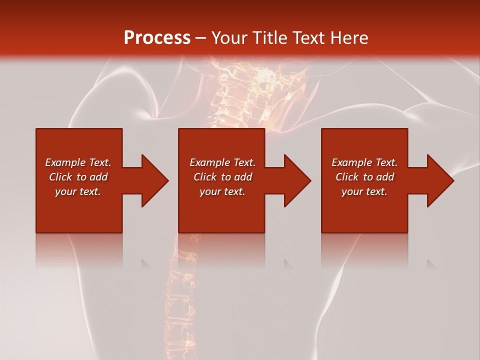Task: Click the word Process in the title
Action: pos(157,38)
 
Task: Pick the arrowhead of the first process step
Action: pos(154,181)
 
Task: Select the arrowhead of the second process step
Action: pos(297,181)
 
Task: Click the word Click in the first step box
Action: pos(61,177)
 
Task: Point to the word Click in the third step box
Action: pos(347,177)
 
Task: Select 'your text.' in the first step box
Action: pos(78,191)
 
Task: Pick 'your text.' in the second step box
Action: pos(222,191)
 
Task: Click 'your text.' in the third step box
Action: pos(364,191)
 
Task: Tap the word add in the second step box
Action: pos(243,177)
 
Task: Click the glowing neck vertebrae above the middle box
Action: pos(235,95)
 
